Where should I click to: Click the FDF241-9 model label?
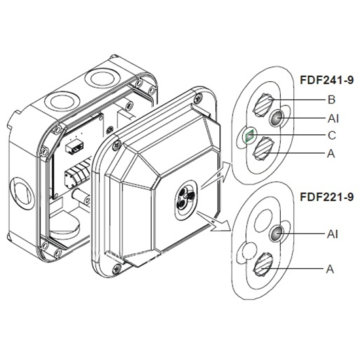(327, 80)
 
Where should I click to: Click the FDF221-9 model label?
(327, 197)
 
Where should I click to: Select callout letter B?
(332, 99)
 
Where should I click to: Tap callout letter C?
(332, 135)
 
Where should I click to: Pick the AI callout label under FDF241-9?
(333, 118)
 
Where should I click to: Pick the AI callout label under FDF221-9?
(333, 234)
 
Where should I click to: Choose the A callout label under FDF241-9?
(331, 154)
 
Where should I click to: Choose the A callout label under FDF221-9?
(330, 269)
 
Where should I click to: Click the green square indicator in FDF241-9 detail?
(250, 135)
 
